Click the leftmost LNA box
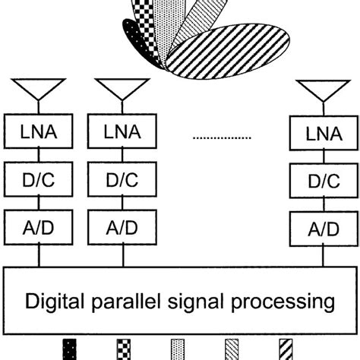36,134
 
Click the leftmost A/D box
36,226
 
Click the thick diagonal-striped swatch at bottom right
286,351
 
